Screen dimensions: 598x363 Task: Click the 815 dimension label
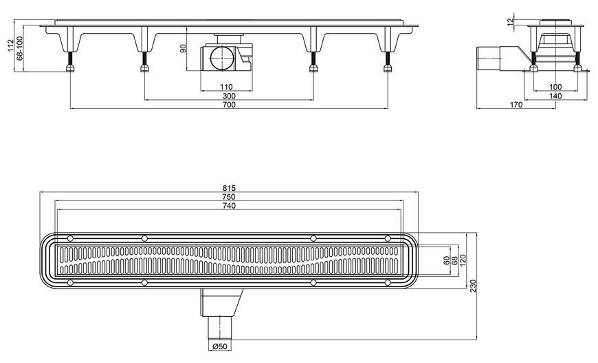(229, 188)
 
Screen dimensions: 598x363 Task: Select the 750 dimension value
(229, 197)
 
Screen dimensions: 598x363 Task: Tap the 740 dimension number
(229, 206)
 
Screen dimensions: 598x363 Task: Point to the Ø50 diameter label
(220, 346)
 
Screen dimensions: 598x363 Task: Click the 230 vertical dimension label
(473, 286)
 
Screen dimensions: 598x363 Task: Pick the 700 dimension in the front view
(229, 104)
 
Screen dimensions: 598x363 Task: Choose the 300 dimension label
(229, 96)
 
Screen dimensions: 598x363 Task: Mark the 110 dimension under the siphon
(226, 87)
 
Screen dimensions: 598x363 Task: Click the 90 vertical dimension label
(183, 48)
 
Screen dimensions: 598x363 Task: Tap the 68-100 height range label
(19, 48)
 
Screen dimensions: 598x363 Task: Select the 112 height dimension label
(10, 45)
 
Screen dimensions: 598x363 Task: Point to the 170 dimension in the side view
(516, 104)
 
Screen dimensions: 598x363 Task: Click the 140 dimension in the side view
(555, 96)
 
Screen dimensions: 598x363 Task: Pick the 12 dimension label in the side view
(511, 22)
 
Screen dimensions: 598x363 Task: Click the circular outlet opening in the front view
(221, 58)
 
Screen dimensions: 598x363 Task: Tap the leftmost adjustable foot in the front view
(70, 62)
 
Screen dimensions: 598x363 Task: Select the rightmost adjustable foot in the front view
(388, 62)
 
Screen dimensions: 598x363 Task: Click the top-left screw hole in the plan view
(70, 238)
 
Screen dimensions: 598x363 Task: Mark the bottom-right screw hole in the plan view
(388, 283)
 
